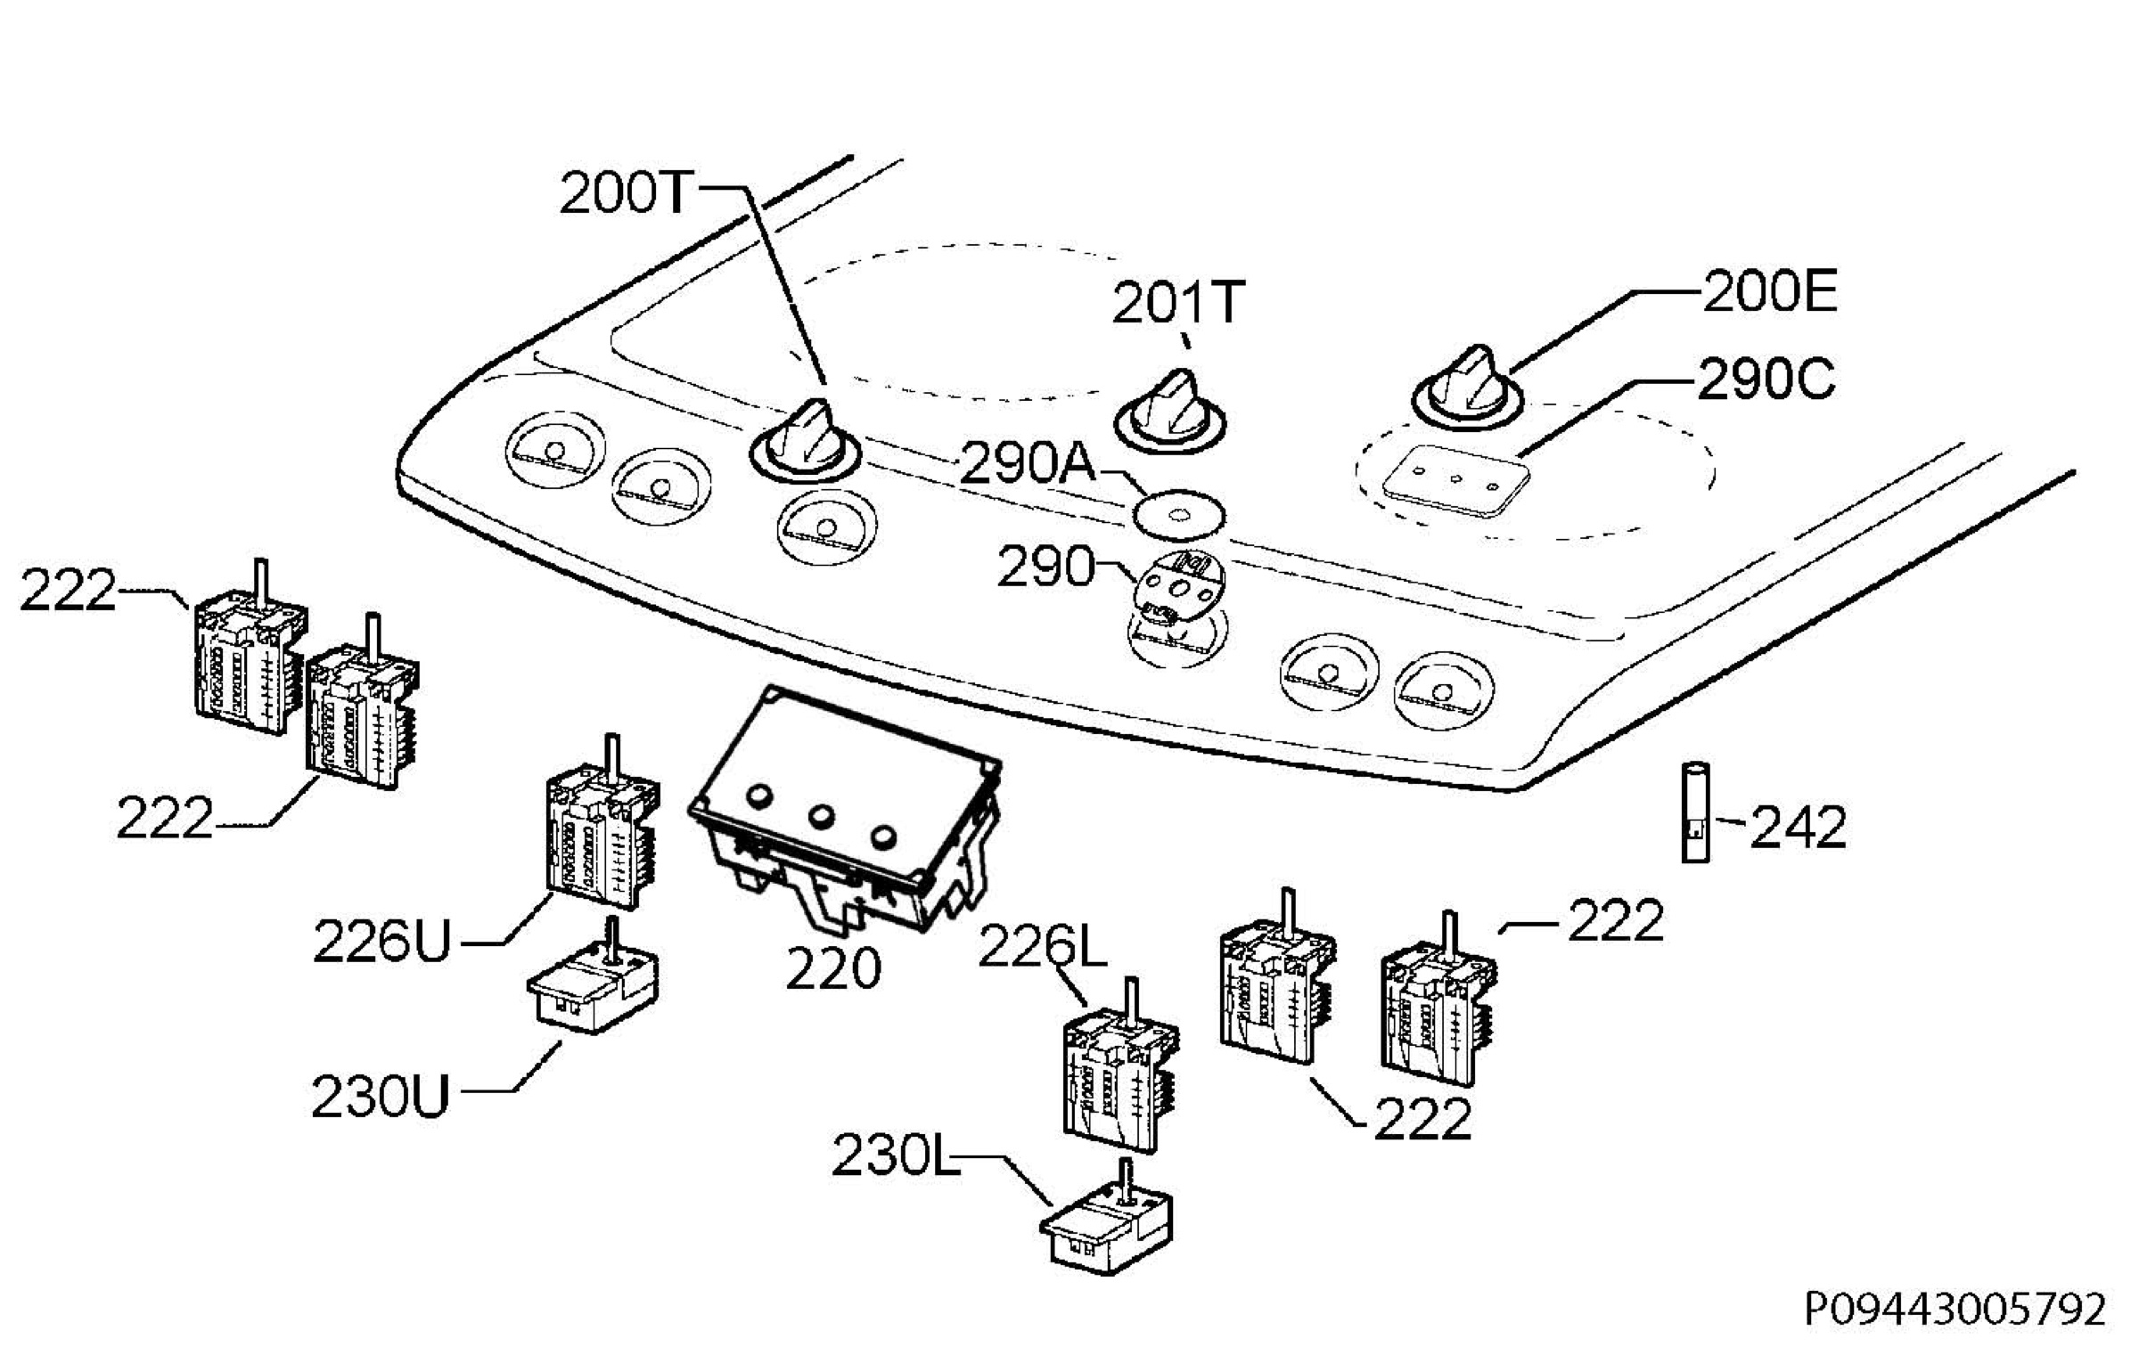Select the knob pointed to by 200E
tap(1467, 388)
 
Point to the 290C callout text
tap(1765, 380)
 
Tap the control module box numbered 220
tap(845, 812)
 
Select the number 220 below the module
tap(833, 968)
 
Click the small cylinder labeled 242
tap(1695, 812)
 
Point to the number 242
tap(1798, 828)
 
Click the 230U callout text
tap(381, 1097)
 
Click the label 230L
tap(896, 1157)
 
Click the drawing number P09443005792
tap(1955, 1309)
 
